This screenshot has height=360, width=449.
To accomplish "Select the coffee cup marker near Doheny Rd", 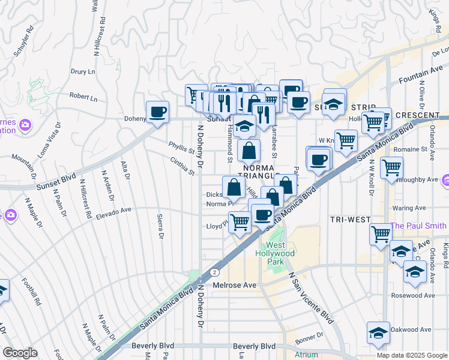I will click(158, 112).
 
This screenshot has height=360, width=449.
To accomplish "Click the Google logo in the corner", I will click(20, 353).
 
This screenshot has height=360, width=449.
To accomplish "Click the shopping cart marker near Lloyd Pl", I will click(240, 223).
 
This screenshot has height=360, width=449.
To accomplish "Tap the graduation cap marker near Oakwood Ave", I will click(378, 334).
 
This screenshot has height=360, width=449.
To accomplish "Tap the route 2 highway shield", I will click(214, 272).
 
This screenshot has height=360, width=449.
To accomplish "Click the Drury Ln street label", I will click(83, 71).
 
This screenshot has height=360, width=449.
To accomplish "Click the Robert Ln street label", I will click(83, 96).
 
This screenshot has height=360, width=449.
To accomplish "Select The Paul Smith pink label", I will click(418, 226).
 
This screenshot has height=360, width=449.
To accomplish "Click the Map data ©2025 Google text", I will click(412, 355).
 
